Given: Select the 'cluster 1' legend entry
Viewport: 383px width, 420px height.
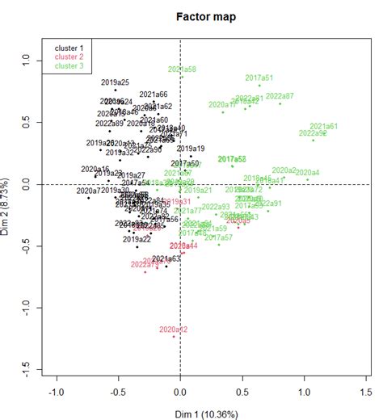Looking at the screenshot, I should tap(69, 48).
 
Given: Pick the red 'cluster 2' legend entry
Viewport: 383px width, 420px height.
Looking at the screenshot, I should tap(69, 57).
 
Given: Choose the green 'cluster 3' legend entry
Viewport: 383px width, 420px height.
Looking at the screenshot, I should tap(69, 65).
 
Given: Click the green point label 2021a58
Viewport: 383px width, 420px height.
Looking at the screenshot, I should tap(182, 69).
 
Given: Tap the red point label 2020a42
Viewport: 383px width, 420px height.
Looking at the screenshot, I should tap(173, 330).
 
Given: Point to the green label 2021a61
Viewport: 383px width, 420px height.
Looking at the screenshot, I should tap(323, 127).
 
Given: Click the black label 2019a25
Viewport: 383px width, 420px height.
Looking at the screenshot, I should tap(116, 82).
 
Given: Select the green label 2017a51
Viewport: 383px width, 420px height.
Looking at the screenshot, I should tap(259, 78).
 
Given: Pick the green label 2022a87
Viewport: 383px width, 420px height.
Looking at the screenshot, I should tap(280, 95).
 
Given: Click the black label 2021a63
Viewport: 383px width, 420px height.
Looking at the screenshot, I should tap(166, 258).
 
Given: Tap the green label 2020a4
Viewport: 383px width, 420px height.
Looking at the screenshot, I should tap(307, 172).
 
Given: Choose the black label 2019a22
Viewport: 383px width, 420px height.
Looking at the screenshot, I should tap(137, 239).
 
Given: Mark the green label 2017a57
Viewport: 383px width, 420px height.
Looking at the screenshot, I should tap(218, 237).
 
